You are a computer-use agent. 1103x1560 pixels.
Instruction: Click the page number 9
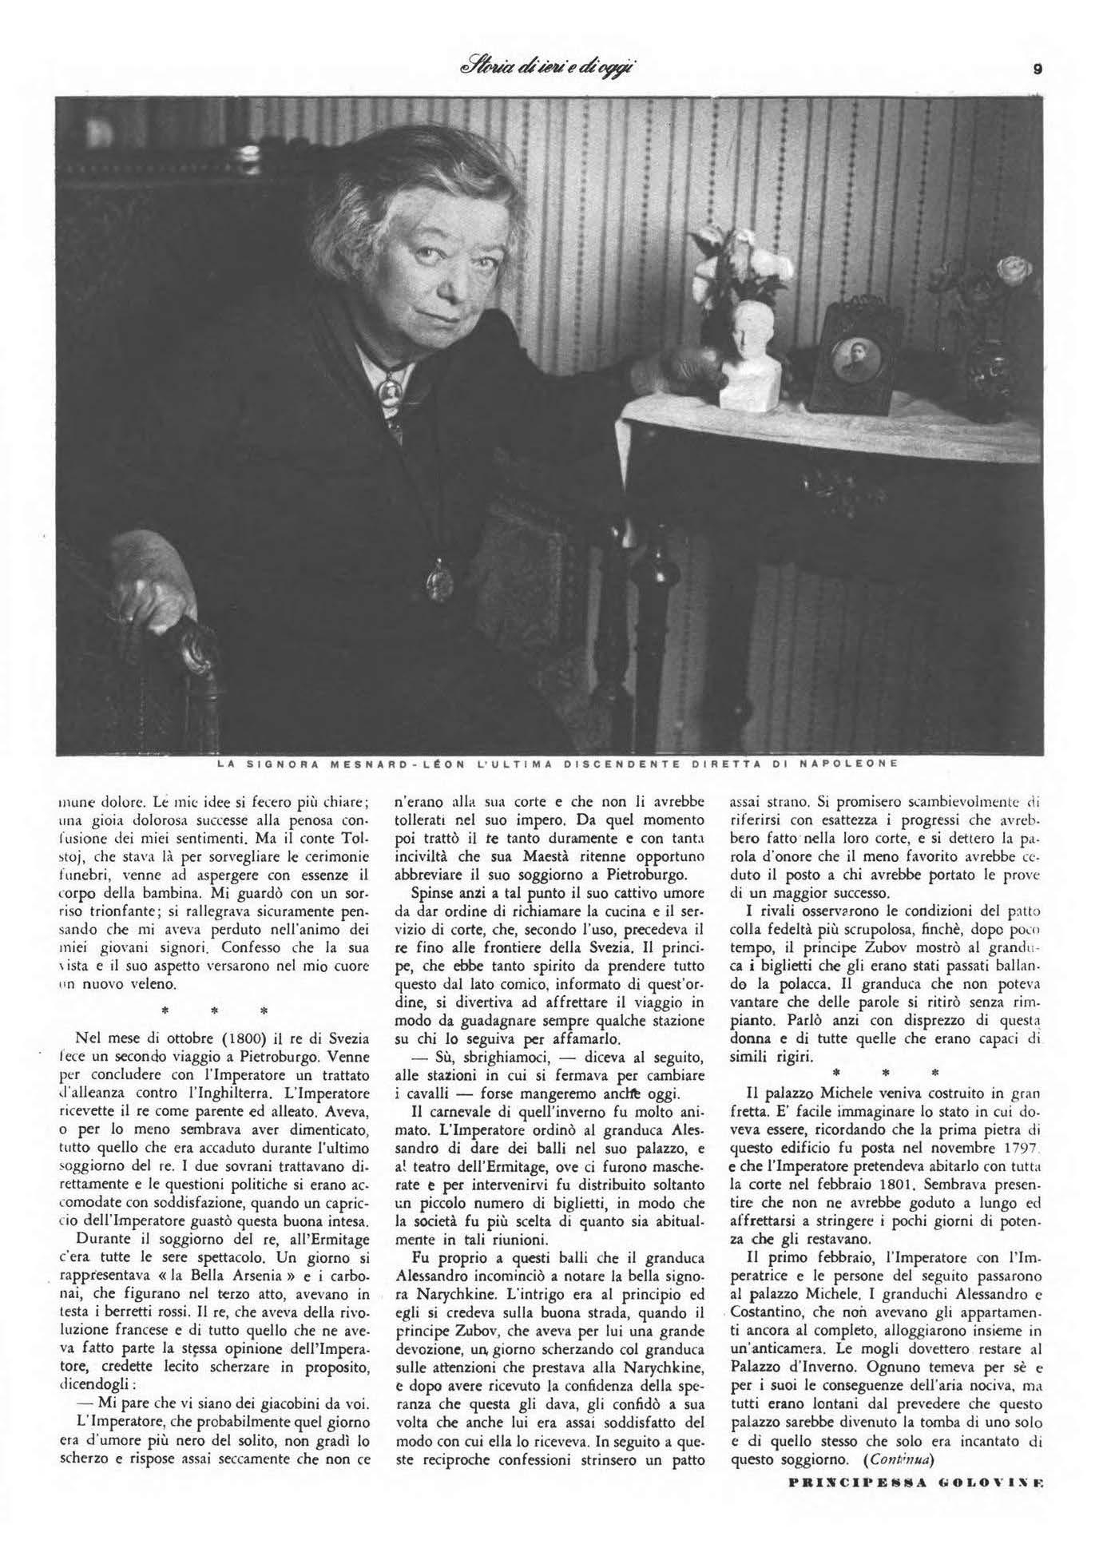click(1037, 69)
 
